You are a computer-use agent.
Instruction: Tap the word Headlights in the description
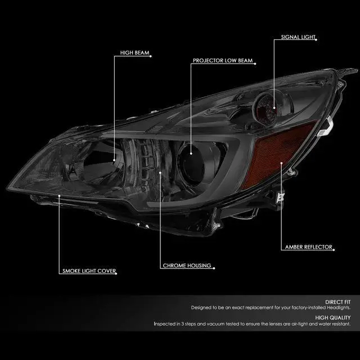(336, 308)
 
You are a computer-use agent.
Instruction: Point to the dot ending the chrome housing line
(161, 173)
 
